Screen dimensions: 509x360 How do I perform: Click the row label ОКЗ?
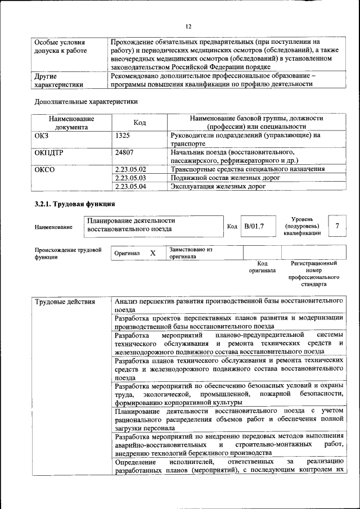[x=42, y=135]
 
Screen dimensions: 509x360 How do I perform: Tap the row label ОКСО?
[x=45, y=169]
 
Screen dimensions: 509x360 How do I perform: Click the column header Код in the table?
[x=140, y=123]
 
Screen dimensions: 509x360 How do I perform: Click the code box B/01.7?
[x=254, y=226]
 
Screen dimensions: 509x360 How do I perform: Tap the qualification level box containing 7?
[x=336, y=226]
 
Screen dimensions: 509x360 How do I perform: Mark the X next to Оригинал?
[x=152, y=253]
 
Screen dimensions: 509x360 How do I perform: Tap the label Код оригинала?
[x=262, y=267]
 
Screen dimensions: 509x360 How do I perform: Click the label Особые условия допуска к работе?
[x=60, y=47]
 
